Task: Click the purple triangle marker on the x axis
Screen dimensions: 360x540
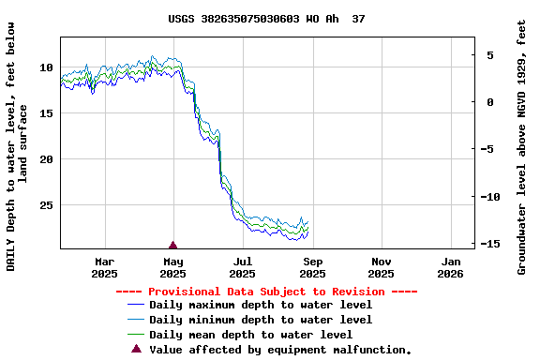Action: click(172, 245)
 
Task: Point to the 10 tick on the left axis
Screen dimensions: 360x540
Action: click(46, 67)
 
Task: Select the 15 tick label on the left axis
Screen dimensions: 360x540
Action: click(46, 113)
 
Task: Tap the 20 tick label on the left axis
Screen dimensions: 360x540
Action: click(46, 159)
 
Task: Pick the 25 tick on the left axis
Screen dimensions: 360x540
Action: click(46, 205)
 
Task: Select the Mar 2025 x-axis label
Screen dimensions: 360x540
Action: click(105, 267)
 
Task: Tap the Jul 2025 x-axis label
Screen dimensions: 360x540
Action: click(243, 267)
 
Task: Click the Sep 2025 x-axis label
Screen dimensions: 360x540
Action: click(312, 267)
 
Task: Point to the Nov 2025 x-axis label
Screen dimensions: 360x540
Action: click(382, 267)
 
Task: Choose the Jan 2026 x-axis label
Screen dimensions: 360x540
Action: click(451, 267)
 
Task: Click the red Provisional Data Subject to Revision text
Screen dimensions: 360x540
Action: click(267, 292)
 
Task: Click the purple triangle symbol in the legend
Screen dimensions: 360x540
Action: click(136, 349)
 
